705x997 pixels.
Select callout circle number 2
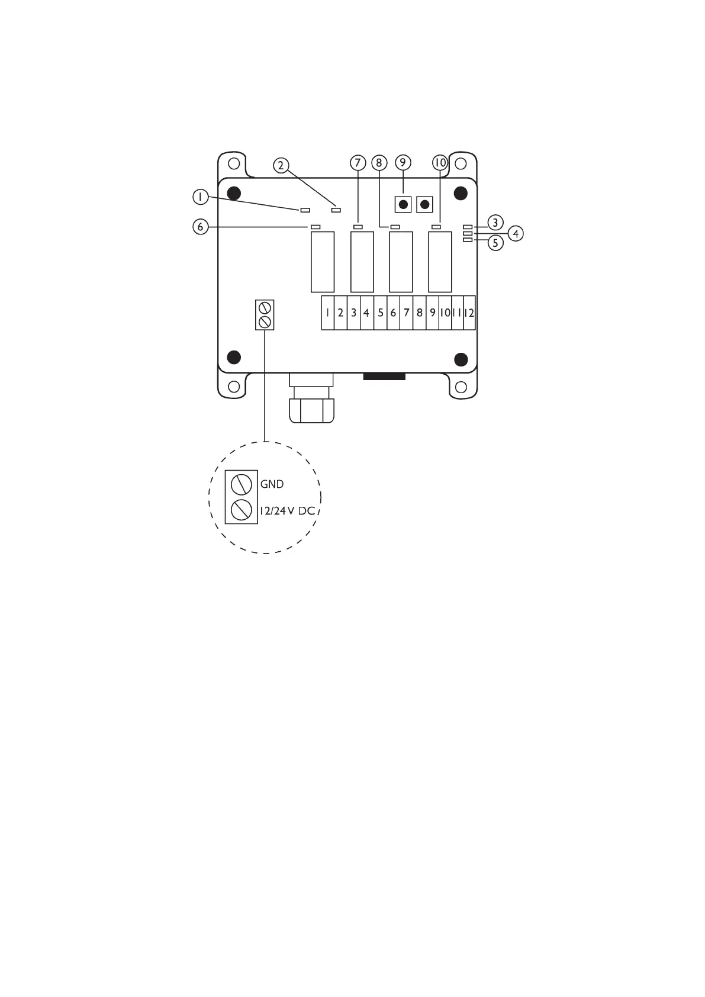pyautogui.click(x=282, y=165)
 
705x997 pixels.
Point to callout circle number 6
pyautogui.click(x=201, y=227)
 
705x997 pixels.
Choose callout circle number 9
pyautogui.click(x=403, y=163)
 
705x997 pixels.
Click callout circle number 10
pyautogui.click(x=440, y=163)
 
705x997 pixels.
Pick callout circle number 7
pyautogui.click(x=358, y=163)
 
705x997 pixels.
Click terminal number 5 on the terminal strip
pyautogui.click(x=380, y=313)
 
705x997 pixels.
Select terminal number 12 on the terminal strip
pyautogui.click(x=469, y=313)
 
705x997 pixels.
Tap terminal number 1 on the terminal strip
pyautogui.click(x=327, y=313)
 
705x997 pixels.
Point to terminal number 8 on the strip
pyautogui.click(x=419, y=313)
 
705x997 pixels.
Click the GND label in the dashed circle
pyautogui.click(x=272, y=484)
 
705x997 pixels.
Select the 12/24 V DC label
pyautogui.click(x=287, y=510)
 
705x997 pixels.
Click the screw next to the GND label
pyautogui.click(x=242, y=485)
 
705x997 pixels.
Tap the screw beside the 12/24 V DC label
pyautogui.click(x=242, y=510)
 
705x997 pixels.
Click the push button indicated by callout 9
pyautogui.click(x=403, y=205)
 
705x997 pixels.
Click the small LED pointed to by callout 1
pyautogui.click(x=305, y=210)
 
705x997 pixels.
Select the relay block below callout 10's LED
pyautogui.click(x=440, y=262)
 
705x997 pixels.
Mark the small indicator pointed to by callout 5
pyautogui.click(x=468, y=240)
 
